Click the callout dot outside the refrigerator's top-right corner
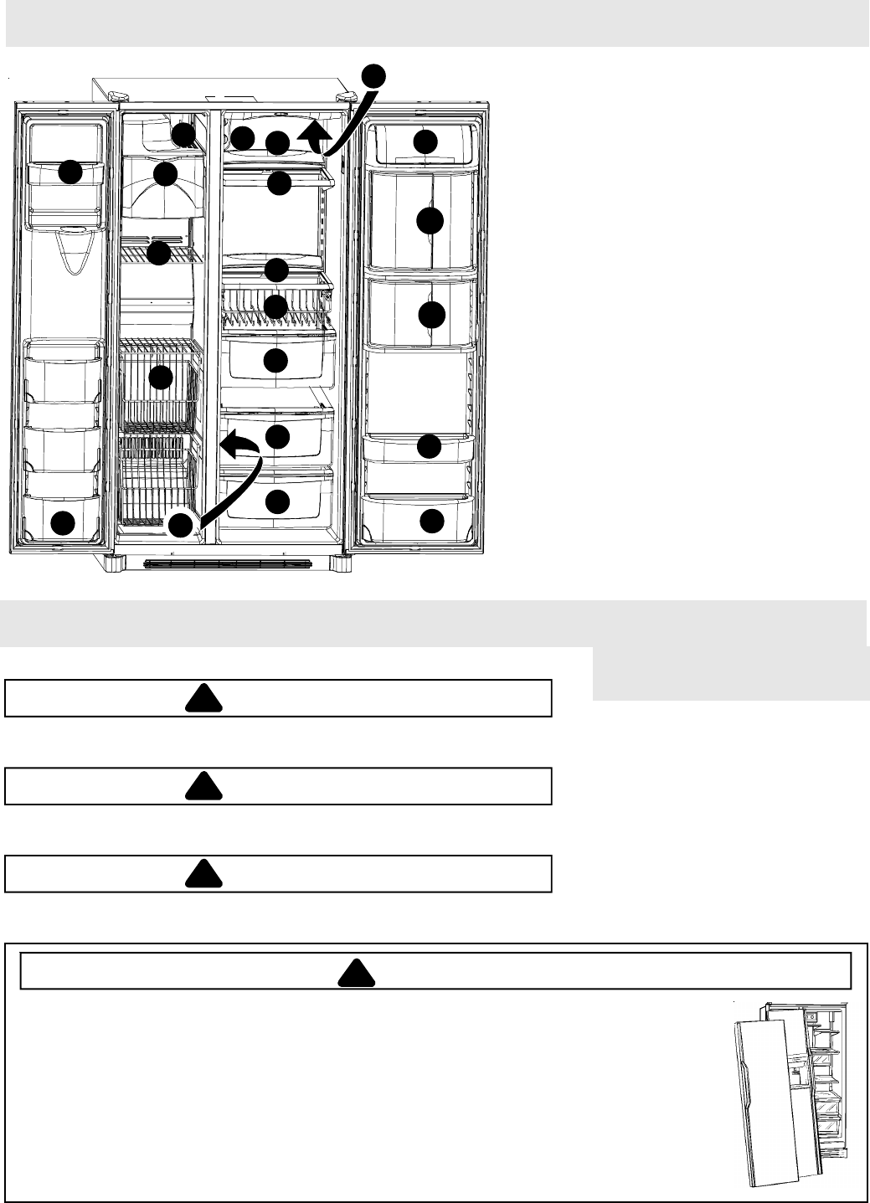(x=374, y=75)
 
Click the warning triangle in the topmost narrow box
(x=204, y=698)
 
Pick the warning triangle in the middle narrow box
(x=204, y=786)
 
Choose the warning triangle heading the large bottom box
(x=356, y=972)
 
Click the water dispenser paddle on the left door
(x=75, y=251)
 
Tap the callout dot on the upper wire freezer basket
(x=161, y=378)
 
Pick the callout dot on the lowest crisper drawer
(x=277, y=501)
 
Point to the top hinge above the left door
(x=117, y=95)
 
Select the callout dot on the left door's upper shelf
(x=70, y=172)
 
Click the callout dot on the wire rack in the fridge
(x=276, y=306)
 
